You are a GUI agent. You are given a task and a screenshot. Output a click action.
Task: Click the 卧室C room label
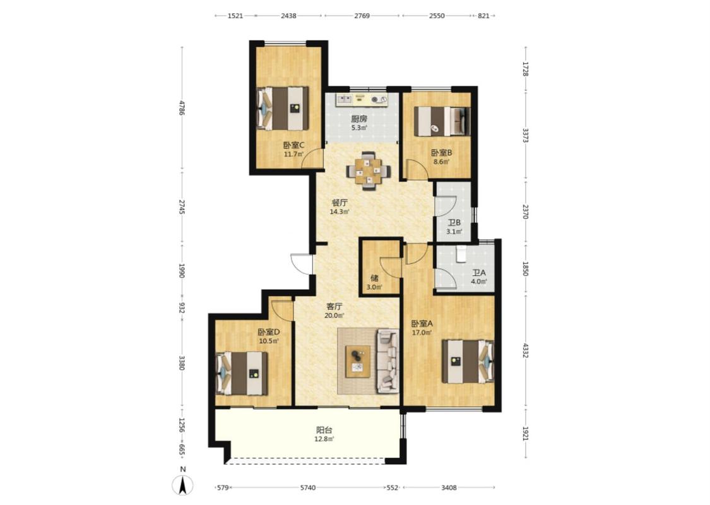[x=293, y=145]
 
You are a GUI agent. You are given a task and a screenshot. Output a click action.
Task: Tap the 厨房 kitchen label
[x=359, y=119]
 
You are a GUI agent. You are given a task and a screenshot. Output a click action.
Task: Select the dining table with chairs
[x=368, y=171]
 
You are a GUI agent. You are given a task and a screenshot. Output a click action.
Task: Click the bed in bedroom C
[x=283, y=109]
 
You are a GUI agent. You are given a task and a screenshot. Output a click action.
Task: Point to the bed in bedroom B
[x=442, y=121]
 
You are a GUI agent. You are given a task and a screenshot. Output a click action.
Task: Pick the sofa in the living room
[x=388, y=360]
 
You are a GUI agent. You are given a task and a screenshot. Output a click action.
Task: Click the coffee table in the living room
[x=358, y=362]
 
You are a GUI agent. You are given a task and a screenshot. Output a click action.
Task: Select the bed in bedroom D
[x=242, y=373]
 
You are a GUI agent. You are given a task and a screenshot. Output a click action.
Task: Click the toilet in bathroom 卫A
[x=461, y=254]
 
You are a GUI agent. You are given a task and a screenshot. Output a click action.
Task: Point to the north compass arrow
[x=182, y=485]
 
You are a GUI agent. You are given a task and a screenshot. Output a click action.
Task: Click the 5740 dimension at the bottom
[x=308, y=488]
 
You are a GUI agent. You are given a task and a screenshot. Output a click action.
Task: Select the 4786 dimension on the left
[x=182, y=108]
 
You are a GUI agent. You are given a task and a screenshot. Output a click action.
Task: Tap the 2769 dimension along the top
[x=362, y=16]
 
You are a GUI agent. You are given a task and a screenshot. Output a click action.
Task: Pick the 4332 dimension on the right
[x=525, y=350]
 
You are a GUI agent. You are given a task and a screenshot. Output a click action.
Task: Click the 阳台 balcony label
[x=324, y=430]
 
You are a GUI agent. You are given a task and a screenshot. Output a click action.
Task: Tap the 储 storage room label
[x=374, y=278]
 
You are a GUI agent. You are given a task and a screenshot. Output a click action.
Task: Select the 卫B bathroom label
[x=454, y=222]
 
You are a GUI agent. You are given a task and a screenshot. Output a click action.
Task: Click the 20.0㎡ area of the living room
[x=334, y=316]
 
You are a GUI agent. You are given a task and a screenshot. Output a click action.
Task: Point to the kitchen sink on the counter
[x=344, y=98]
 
